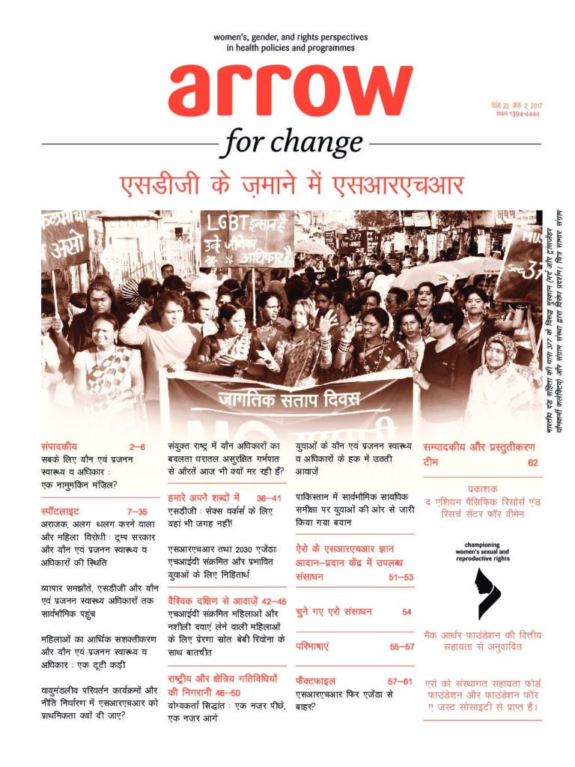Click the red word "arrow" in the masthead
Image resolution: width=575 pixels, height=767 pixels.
tap(290, 90)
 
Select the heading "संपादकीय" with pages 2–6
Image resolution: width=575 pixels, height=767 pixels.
tap(59, 446)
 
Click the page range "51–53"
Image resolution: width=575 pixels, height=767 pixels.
tap(398, 577)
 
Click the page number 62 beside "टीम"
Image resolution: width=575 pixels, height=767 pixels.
tap(532, 462)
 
